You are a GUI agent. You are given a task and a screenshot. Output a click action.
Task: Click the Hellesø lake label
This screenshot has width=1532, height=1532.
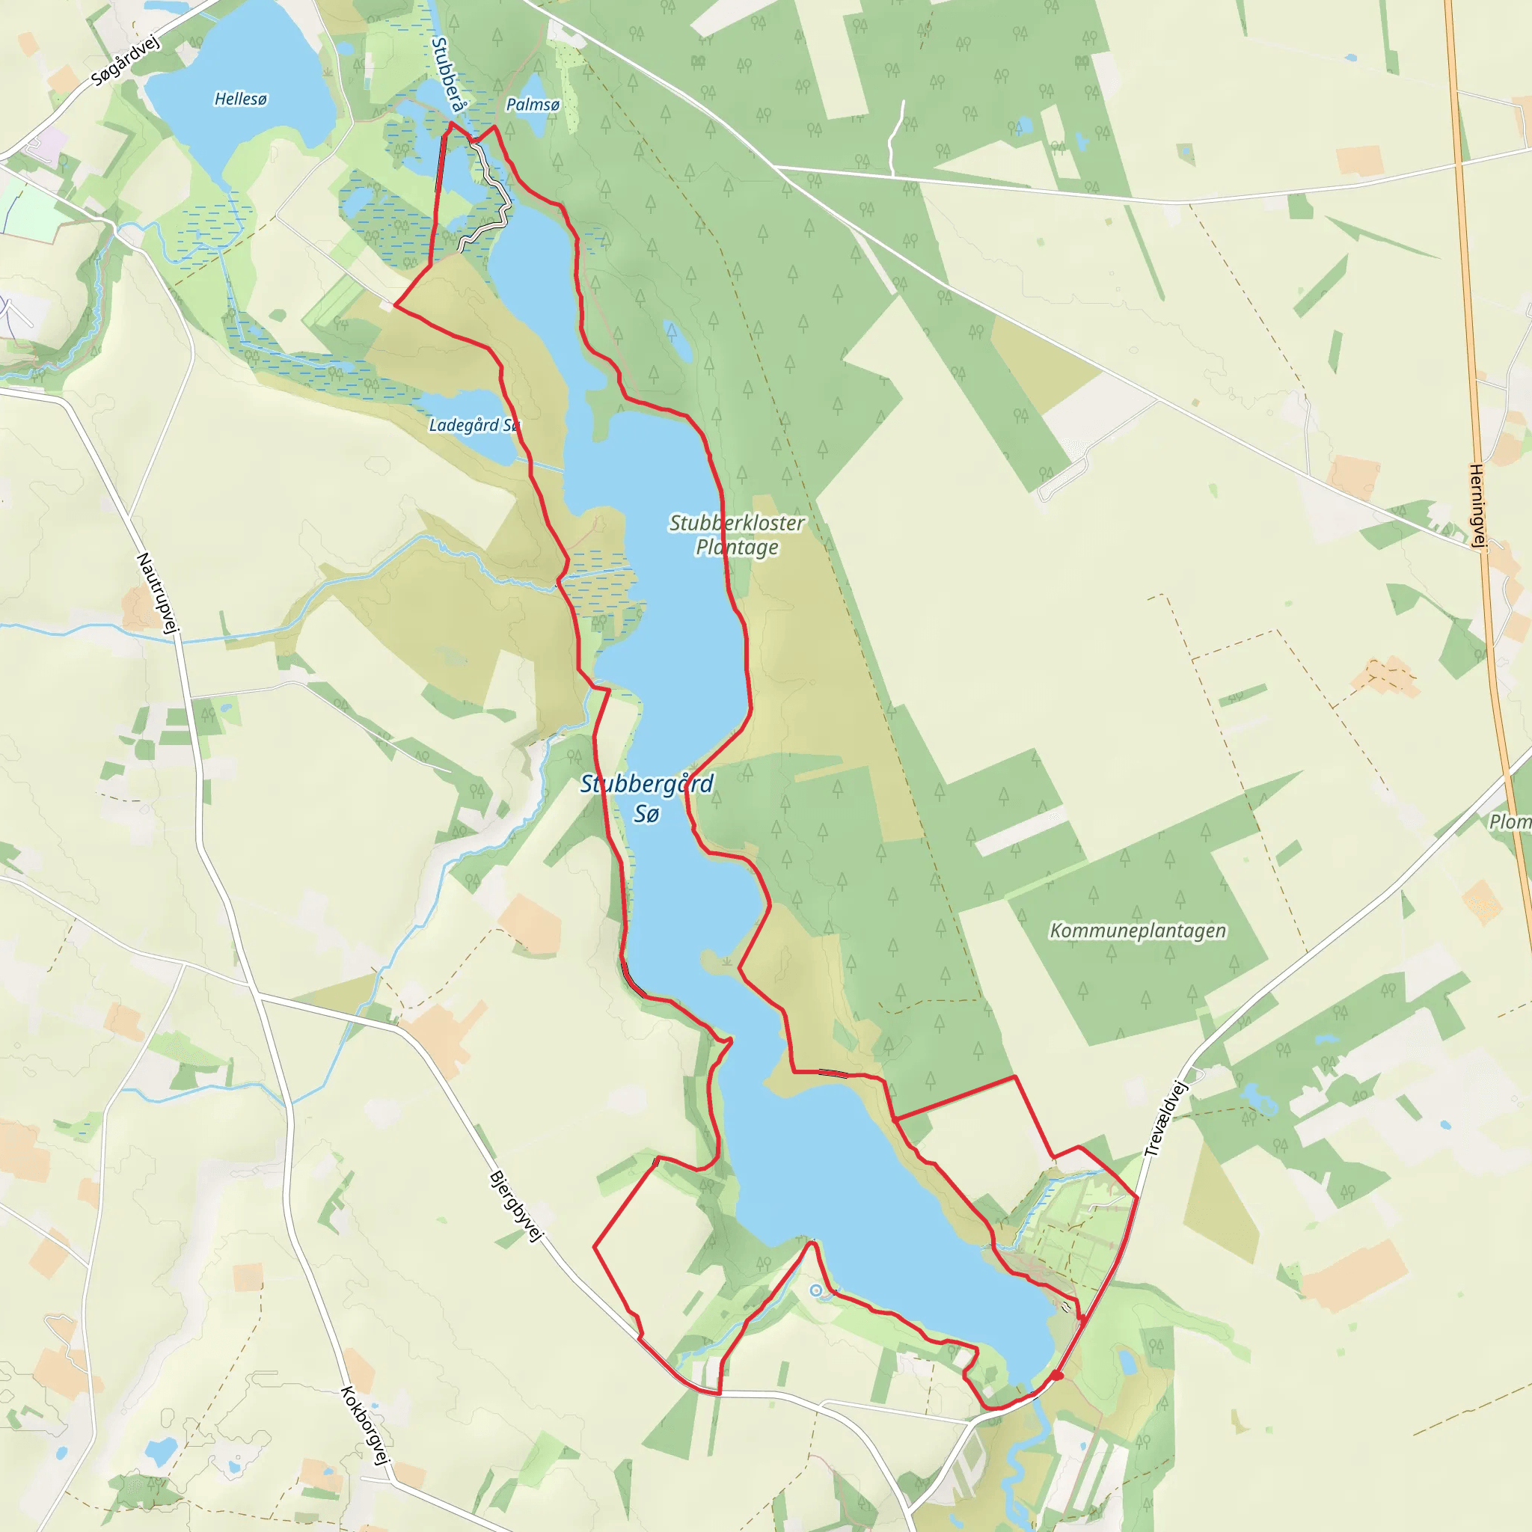(x=240, y=99)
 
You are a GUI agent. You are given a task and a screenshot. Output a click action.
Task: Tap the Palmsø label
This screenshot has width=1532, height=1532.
(x=533, y=105)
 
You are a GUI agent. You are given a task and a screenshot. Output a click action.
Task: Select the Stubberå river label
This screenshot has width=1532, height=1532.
(x=449, y=76)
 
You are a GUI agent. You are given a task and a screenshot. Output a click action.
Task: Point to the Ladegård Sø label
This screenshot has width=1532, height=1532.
(x=474, y=425)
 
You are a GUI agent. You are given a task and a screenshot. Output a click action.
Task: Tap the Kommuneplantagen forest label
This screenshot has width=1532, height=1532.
(x=1138, y=931)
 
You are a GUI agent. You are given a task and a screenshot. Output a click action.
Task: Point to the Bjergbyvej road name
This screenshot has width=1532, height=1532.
(x=516, y=1205)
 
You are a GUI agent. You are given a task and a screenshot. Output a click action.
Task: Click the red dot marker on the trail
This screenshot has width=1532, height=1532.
(x=1057, y=1376)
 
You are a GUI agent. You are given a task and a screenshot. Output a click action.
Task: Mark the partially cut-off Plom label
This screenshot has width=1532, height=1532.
(x=1510, y=821)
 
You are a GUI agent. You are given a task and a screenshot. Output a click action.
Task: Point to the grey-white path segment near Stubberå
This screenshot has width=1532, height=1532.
(x=496, y=190)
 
